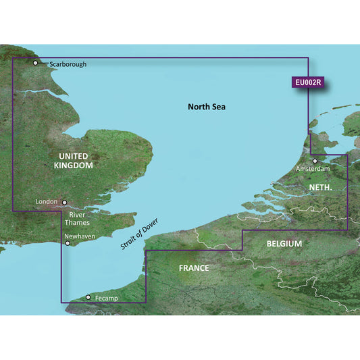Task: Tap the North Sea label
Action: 206,107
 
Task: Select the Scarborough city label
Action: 68,64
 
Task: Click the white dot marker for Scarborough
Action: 36,63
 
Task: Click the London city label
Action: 46,201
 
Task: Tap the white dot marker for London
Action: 65,201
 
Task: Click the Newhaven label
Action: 78,236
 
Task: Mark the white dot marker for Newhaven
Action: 67,244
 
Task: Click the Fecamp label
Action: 107,297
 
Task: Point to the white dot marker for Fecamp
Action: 88,297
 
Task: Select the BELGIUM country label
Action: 284,243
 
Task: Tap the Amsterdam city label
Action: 312,168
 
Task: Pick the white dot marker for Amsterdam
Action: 315,161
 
